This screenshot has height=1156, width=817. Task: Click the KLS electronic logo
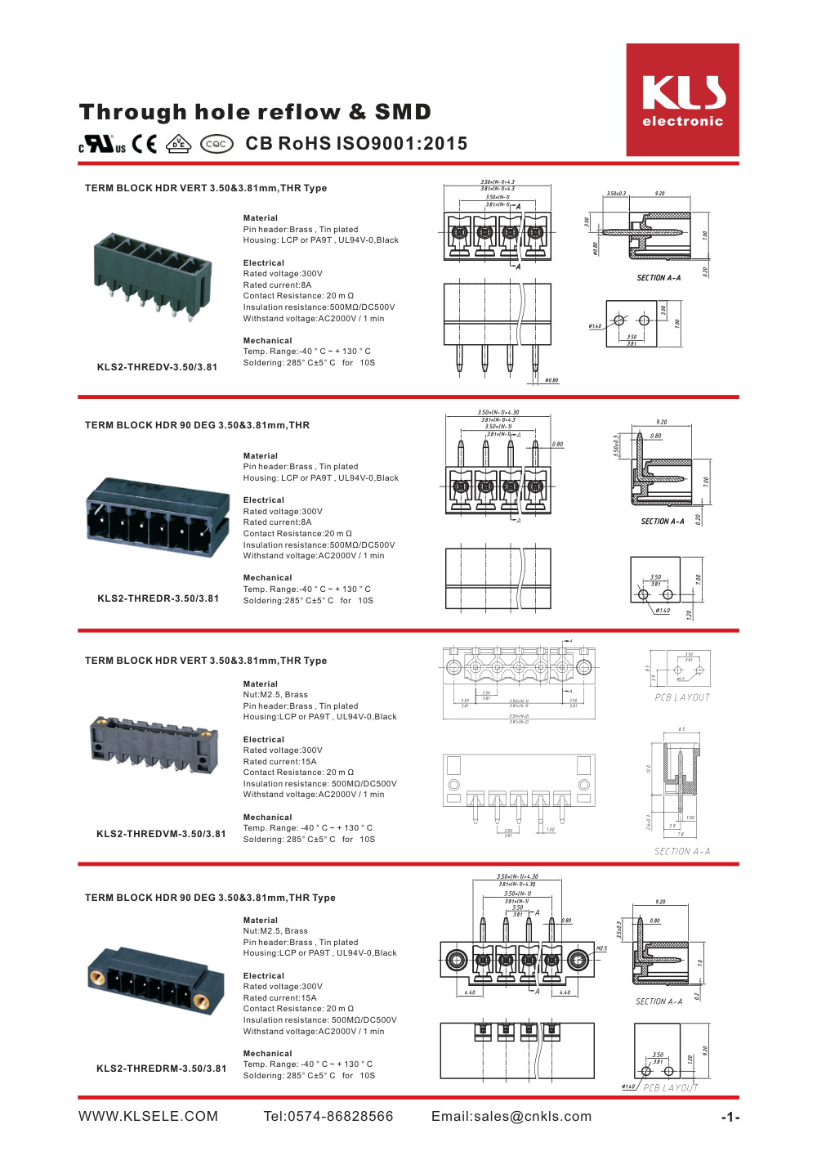coord(682,100)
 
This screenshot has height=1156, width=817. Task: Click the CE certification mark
coord(145,144)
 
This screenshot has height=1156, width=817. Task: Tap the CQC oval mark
coord(217,144)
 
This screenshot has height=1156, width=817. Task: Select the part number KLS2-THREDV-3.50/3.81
coord(157,367)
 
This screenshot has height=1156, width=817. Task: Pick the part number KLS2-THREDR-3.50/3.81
coord(158,598)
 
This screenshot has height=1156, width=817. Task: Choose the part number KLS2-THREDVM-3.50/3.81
coord(161,834)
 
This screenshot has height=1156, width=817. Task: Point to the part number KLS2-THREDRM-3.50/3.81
coord(161,1069)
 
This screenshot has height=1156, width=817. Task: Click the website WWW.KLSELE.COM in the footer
coord(148,1117)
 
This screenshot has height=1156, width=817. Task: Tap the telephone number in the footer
coord(328,1117)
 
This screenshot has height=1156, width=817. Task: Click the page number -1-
coord(730,1118)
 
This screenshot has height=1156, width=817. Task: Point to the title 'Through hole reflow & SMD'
coord(255,112)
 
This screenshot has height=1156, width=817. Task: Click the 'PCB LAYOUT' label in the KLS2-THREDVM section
coord(682,697)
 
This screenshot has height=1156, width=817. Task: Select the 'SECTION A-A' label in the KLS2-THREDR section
coord(662,522)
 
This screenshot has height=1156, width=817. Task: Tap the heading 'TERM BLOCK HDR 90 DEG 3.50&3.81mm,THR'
coord(197,425)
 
